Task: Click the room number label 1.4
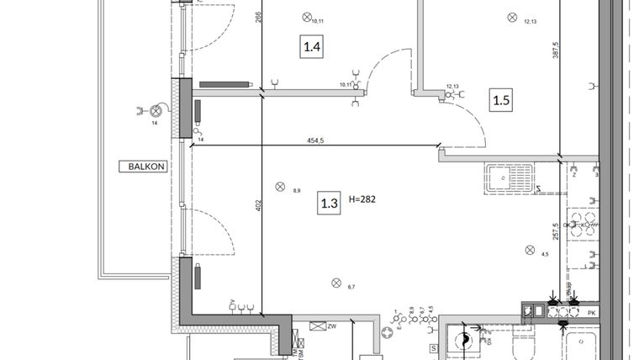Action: click(x=312, y=46)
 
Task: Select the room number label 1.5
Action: click(x=501, y=101)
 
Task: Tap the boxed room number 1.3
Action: click(x=329, y=202)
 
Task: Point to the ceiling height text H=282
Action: click(x=362, y=200)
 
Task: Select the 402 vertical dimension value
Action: click(x=259, y=205)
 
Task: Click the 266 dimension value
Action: click(x=259, y=15)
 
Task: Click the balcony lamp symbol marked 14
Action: click(x=156, y=110)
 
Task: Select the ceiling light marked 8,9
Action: click(x=281, y=187)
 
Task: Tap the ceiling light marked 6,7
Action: click(x=336, y=282)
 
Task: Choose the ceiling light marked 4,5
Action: click(x=529, y=249)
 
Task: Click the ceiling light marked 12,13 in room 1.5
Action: click(x=510, y=16)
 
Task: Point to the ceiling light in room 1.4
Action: click(x=307, y=15)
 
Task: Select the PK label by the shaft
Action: click(x=592, y=313)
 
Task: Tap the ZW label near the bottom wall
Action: click(x=331, y=326)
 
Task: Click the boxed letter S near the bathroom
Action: click(x=434, y=347)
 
